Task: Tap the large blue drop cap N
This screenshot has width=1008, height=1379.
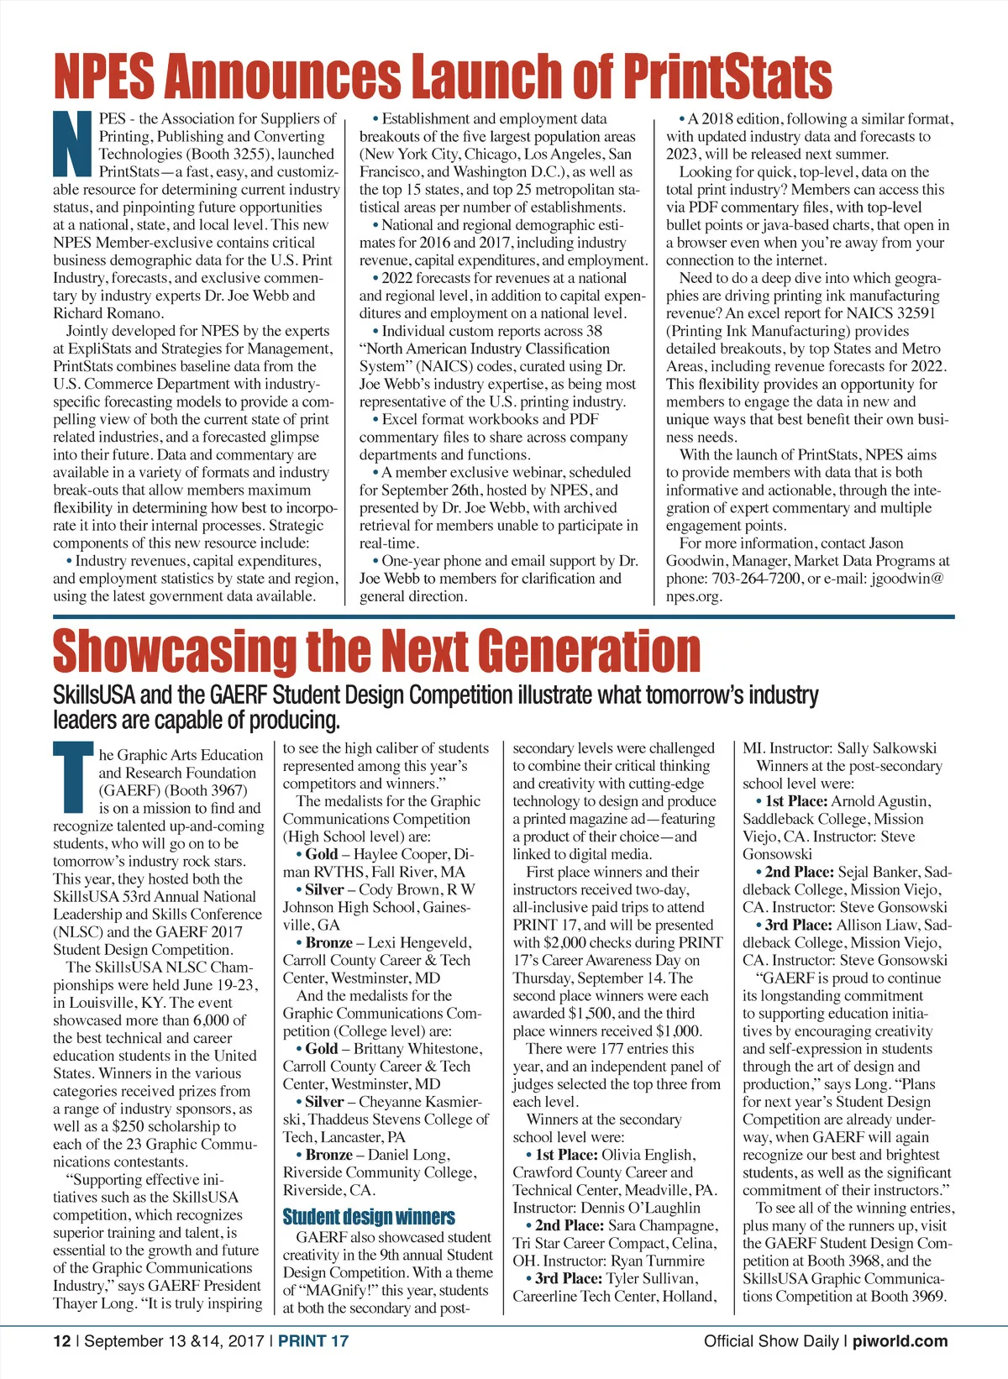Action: coord(74,145)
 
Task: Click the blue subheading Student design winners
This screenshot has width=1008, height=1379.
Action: coord(369,1217)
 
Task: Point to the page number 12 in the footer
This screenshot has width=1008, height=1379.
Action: coord(62,1341)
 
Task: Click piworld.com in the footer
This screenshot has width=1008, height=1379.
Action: coord(900,1341)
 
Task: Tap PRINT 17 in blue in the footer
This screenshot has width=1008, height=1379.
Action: coord(312,1341)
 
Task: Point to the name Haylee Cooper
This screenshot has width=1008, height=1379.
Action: coord(402,854)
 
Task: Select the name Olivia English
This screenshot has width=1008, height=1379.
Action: coord(648,1155)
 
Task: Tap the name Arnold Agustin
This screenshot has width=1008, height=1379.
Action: coord(881,801)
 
